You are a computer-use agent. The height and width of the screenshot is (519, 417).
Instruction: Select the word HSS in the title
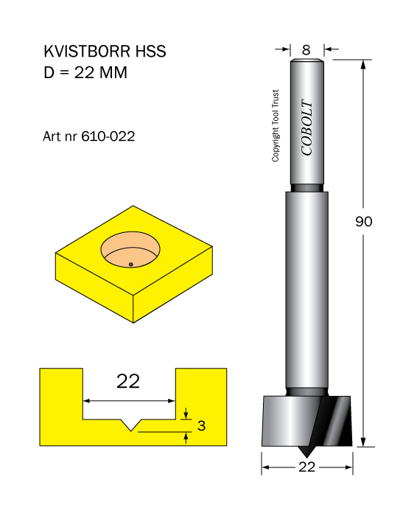click(x=151, y=52)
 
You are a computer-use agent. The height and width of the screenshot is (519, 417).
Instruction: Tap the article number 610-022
click(x=108, y=136)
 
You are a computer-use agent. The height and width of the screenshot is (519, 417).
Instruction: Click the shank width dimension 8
click(x=306, y=50)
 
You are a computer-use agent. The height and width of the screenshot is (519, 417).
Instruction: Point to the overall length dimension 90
click(x=363, y=221)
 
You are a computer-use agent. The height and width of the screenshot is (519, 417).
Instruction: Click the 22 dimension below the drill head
click(x=306, y=467)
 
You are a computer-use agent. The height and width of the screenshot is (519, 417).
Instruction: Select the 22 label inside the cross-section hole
click(x=128, y=381)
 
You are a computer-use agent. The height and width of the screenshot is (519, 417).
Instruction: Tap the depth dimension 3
click(x=201, y=425)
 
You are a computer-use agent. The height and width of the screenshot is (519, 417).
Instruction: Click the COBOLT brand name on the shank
click(x=307, y=127)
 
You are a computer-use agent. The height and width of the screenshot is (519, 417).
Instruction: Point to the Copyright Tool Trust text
click(x=276, y=125)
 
